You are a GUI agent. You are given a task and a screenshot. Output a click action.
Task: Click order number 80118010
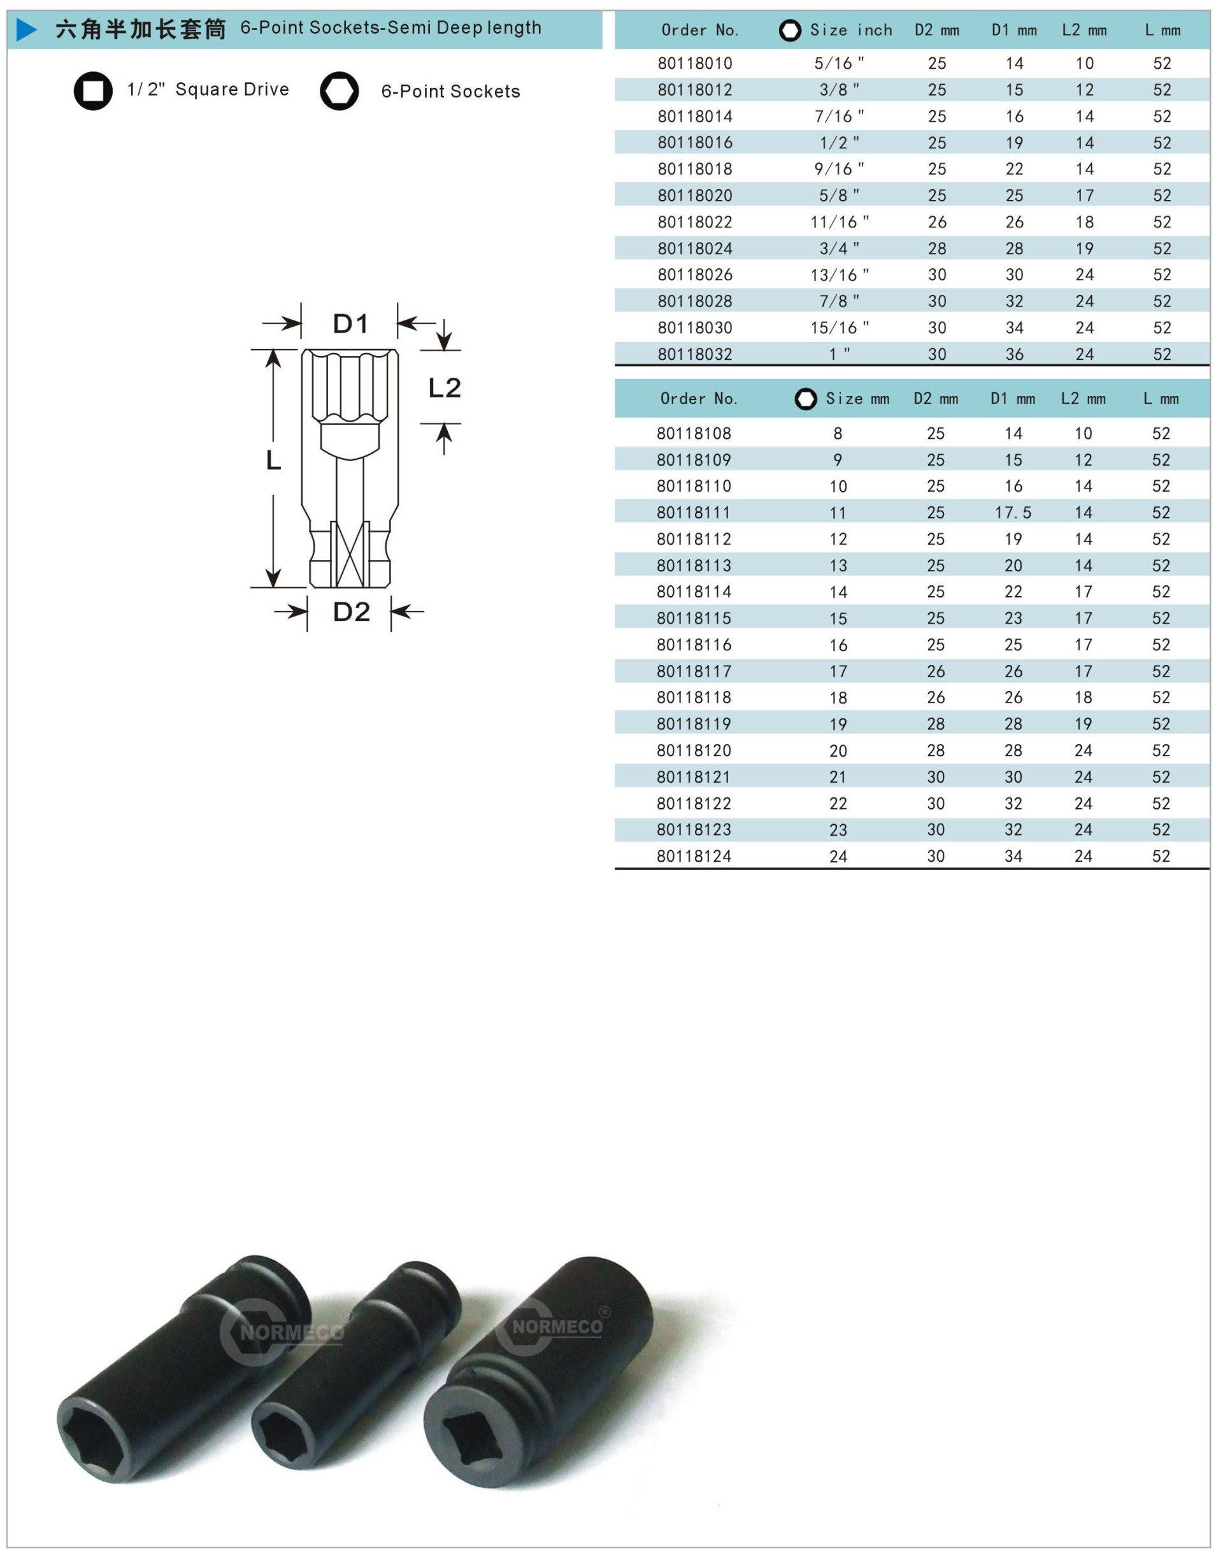tap(694, 63)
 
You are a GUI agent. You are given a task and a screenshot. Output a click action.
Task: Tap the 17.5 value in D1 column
tap(1013, 513)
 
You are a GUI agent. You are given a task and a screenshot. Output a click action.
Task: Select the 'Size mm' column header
tap(857, 399)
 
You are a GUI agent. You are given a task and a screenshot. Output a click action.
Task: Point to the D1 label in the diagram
tap(350, 324)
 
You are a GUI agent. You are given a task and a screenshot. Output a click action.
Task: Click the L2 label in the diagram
tap(444, 388)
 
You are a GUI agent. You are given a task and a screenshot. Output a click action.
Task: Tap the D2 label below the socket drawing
tap(351, 611)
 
